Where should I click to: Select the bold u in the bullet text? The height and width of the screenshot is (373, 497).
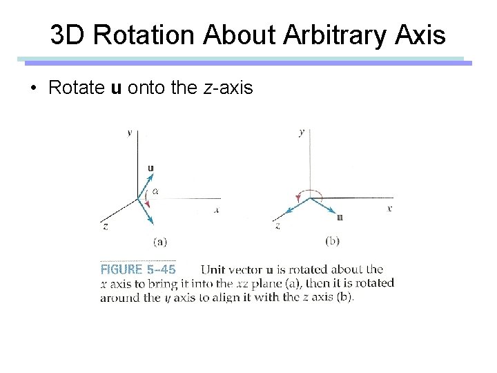click(x=115, y=89)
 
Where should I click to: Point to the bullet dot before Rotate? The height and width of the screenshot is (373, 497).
click(x=32, y=90)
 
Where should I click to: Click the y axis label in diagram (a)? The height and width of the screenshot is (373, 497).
click(x=129, y=133)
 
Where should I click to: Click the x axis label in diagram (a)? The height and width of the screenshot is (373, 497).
click(x=216, y=210)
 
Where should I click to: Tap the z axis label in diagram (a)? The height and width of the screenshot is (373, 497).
click(x=105, y=226)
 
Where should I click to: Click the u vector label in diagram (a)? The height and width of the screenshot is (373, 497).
click(x=150, y=167)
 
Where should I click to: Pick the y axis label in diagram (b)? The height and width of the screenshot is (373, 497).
click(x=301, y=132)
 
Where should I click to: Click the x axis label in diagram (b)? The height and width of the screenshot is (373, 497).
click(x=389, y=208)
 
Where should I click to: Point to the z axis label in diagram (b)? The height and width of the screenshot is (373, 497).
click(x=277, y=226)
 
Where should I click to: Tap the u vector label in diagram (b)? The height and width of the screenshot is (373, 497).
click(x=339, y=218)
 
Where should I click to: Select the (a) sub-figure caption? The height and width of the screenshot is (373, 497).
click(x=159, y=242)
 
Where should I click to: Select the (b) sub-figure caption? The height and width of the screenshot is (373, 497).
click(x=331, y=241)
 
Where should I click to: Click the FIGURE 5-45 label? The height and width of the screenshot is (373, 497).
click(x=138, y=269)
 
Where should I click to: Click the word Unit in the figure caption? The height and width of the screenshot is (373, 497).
click(x=215, y=269)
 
